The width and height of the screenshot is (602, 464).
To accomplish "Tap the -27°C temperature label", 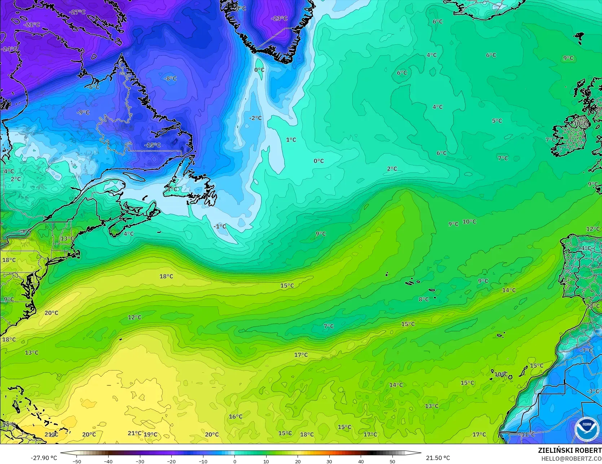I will click(77, 12).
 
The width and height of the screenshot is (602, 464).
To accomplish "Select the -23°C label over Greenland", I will click(279, 18).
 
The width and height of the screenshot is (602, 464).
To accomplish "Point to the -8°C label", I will click(170, 79).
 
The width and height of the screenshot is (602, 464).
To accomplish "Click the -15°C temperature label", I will click(153, 145).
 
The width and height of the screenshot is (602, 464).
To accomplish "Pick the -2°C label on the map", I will click(255, 118).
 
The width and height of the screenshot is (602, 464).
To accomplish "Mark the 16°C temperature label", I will click(236, 416).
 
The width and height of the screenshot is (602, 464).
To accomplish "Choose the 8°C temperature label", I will click(424, 299).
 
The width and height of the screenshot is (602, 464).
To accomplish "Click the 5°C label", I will click(497, 121).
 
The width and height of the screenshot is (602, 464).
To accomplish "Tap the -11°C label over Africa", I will click(527, 434).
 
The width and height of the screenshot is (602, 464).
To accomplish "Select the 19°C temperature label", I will click(151, 434).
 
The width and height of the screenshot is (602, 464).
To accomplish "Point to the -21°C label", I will click(32, 25).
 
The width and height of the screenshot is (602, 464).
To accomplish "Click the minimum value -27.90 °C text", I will click(44, 458).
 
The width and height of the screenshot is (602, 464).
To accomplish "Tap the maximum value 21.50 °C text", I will click(438, 458).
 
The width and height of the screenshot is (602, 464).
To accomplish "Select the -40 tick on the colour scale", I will click(108, 461).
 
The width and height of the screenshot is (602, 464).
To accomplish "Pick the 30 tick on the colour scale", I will click(329, 461).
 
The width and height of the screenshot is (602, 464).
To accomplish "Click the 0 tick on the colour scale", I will click(235, 461).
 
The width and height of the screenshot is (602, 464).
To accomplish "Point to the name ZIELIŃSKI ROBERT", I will click(570, 450).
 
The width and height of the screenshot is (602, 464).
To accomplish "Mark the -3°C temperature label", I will click(593, 391).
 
